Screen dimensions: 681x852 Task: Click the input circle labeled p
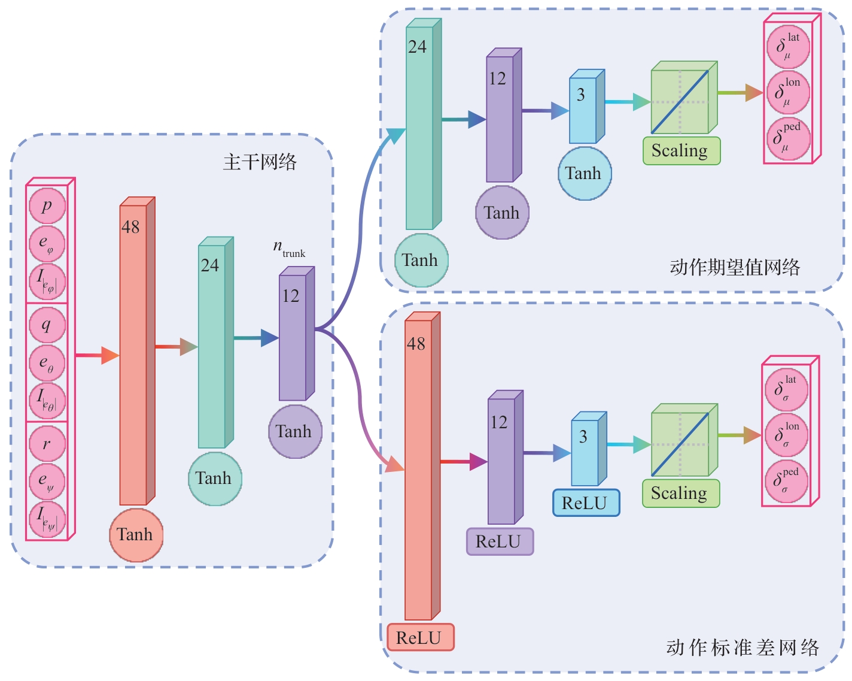(x=47, y=205)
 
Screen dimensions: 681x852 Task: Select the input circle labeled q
(x=47, y=325)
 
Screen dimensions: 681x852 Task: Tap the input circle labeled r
(x=47, y=444)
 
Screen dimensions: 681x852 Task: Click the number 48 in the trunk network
(x=130, y=228)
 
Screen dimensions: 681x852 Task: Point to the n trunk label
(x=289, y=248)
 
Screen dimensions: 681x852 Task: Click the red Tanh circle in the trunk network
(x=136, y=535)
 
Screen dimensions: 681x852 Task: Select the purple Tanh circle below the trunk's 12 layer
(x=294, y=432)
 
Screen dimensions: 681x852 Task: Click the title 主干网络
(x=260, y=162)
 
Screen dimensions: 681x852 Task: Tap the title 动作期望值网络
(x=735, y=267)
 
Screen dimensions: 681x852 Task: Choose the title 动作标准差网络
(x=743, y=648)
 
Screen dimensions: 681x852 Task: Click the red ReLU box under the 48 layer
(x=420, y=638)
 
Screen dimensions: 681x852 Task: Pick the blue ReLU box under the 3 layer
(x=586, y=503)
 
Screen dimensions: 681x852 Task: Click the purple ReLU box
(x=500, y=541)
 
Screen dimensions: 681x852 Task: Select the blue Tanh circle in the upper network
(x=584, y=174)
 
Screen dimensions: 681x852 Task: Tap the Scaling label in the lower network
(x=680, y=494)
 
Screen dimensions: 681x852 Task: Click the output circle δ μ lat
(x=788, y=47)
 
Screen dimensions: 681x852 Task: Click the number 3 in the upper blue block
(x=581, y=95)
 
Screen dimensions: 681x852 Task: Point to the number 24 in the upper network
(x=418, y=47)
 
